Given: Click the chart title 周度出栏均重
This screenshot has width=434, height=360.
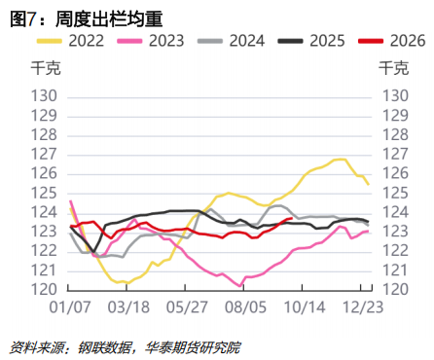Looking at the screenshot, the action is click(109, 19).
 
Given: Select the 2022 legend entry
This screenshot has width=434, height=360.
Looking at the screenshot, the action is click(70, 41).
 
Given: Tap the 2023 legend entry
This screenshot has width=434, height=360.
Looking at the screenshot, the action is click(151, 41).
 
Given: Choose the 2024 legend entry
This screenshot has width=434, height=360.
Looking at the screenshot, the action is click(231, 41).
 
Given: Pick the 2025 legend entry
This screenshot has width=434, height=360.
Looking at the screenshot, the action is click(311, 41).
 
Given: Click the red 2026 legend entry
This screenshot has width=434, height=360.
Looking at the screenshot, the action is click(392, 41).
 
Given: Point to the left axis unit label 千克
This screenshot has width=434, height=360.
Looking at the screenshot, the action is click(46, 68).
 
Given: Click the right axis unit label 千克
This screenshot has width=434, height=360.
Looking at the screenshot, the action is click(394, 68).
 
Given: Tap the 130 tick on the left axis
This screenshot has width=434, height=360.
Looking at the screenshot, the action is click(44, 96).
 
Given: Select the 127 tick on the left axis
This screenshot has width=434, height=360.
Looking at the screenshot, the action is click(44, 155).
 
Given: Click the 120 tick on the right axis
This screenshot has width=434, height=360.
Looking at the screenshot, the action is click(395, 289).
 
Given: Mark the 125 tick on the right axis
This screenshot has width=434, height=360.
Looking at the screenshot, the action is click(395, 194).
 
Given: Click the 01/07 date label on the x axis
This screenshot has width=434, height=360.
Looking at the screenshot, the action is click(70, 307).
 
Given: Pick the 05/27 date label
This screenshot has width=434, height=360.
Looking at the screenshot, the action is click(187, 307).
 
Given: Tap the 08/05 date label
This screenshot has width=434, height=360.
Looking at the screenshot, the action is click(245, 307).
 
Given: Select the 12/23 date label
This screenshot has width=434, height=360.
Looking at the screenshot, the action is click(363, 307).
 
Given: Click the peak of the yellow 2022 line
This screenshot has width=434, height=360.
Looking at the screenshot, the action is click(340, 159).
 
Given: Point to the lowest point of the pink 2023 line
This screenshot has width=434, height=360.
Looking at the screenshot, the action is click(239, 286).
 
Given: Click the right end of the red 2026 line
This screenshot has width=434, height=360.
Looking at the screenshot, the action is click(292, 218).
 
